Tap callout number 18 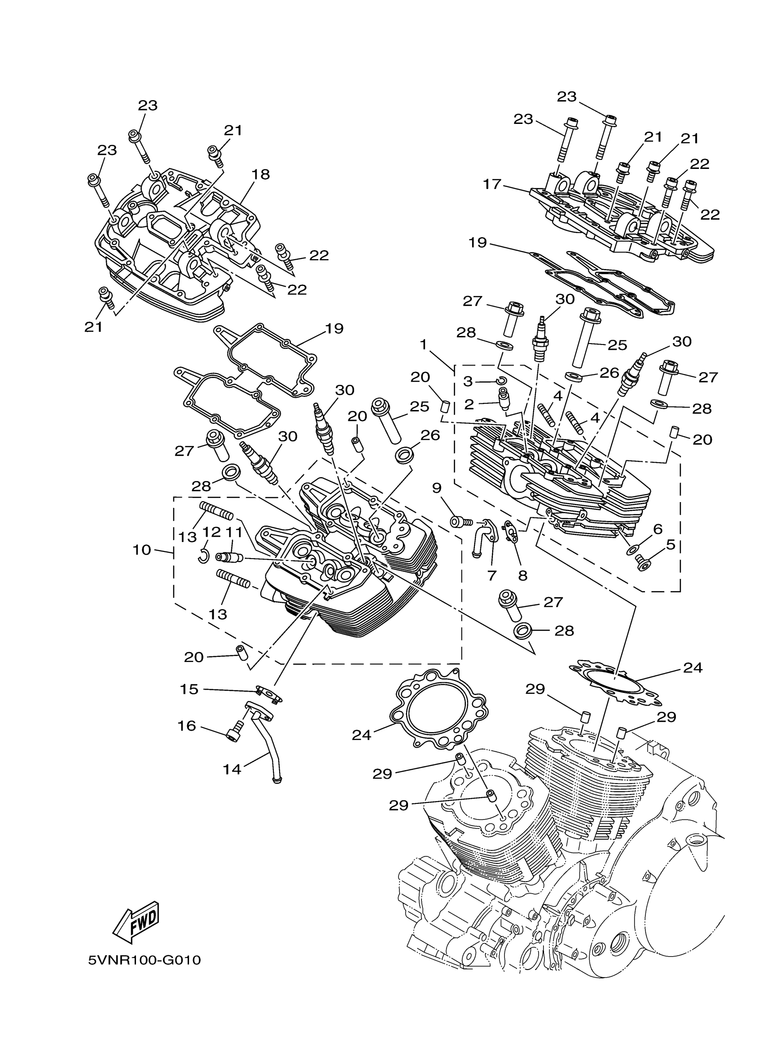click(260, 174)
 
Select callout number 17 click(492, 184)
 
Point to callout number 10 click(142, 550)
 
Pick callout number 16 click(187, 726)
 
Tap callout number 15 click(189, 689)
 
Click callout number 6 click(657, 529)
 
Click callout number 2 click(469, 404)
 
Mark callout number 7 click(492, 575)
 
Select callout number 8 click(522, 576)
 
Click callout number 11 click(234, 532)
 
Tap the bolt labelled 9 click(459, 522)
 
